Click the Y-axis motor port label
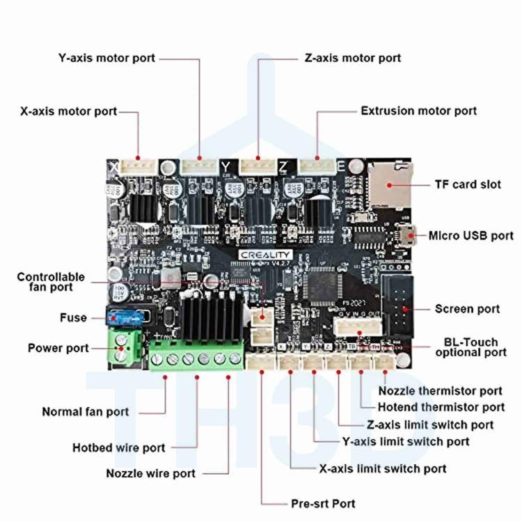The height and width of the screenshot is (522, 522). pyautogui.click(x=106, y=58)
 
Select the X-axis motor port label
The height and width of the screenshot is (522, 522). pyautogui.click(x=69, y=111)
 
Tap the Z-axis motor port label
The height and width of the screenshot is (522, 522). pyautogui.click(x=353, y=58)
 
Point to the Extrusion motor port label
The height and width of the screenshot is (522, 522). pyautogui.click(x=418, y=111)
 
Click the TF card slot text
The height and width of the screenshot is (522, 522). pyautogui.click(x=467, y=184)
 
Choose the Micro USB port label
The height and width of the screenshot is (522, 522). pyautogui.click(x=470, y=235)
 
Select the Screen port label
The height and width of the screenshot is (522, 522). pyautogui.click(x=467, y=308)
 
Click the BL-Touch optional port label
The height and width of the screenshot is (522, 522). pyautogui.click(x=471, y=347)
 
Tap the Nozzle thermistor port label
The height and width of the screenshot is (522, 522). pyautogui.click(x=440, y=391)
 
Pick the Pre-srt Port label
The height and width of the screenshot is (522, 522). pyautogui.click(x=322, y=503)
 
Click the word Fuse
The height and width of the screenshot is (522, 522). pyautogui.click(x=73, y=317)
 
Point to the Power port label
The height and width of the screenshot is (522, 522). pyautogui.click(x=58, y=347)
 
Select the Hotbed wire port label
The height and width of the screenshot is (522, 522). pyautogui.click(x=119, y=448)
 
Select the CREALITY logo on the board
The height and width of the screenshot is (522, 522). pyautogui.click(x=265, y=255)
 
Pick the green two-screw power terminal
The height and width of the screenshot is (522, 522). pyautogui.click(x=123, y=347)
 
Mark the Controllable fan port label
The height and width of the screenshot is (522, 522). pyautogui.click(x=51, y=281)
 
